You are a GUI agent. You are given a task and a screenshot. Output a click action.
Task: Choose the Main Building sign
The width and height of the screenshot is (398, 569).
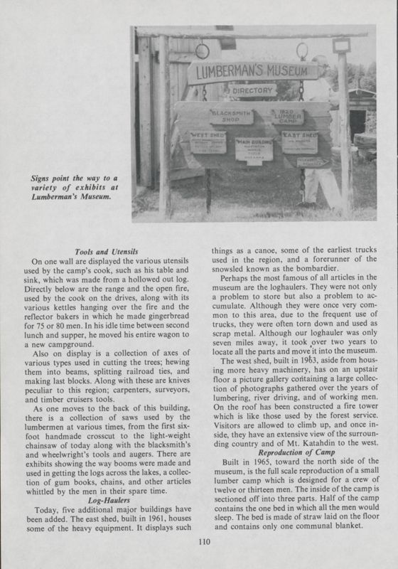(x=254, y=149)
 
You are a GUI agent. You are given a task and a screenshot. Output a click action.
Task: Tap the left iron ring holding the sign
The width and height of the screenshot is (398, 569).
(x=202, y=51)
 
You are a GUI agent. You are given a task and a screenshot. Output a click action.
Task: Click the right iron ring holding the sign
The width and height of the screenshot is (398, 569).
(x=301, y=50)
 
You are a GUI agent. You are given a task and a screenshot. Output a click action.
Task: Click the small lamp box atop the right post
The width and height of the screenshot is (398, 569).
(x=342, y=46)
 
